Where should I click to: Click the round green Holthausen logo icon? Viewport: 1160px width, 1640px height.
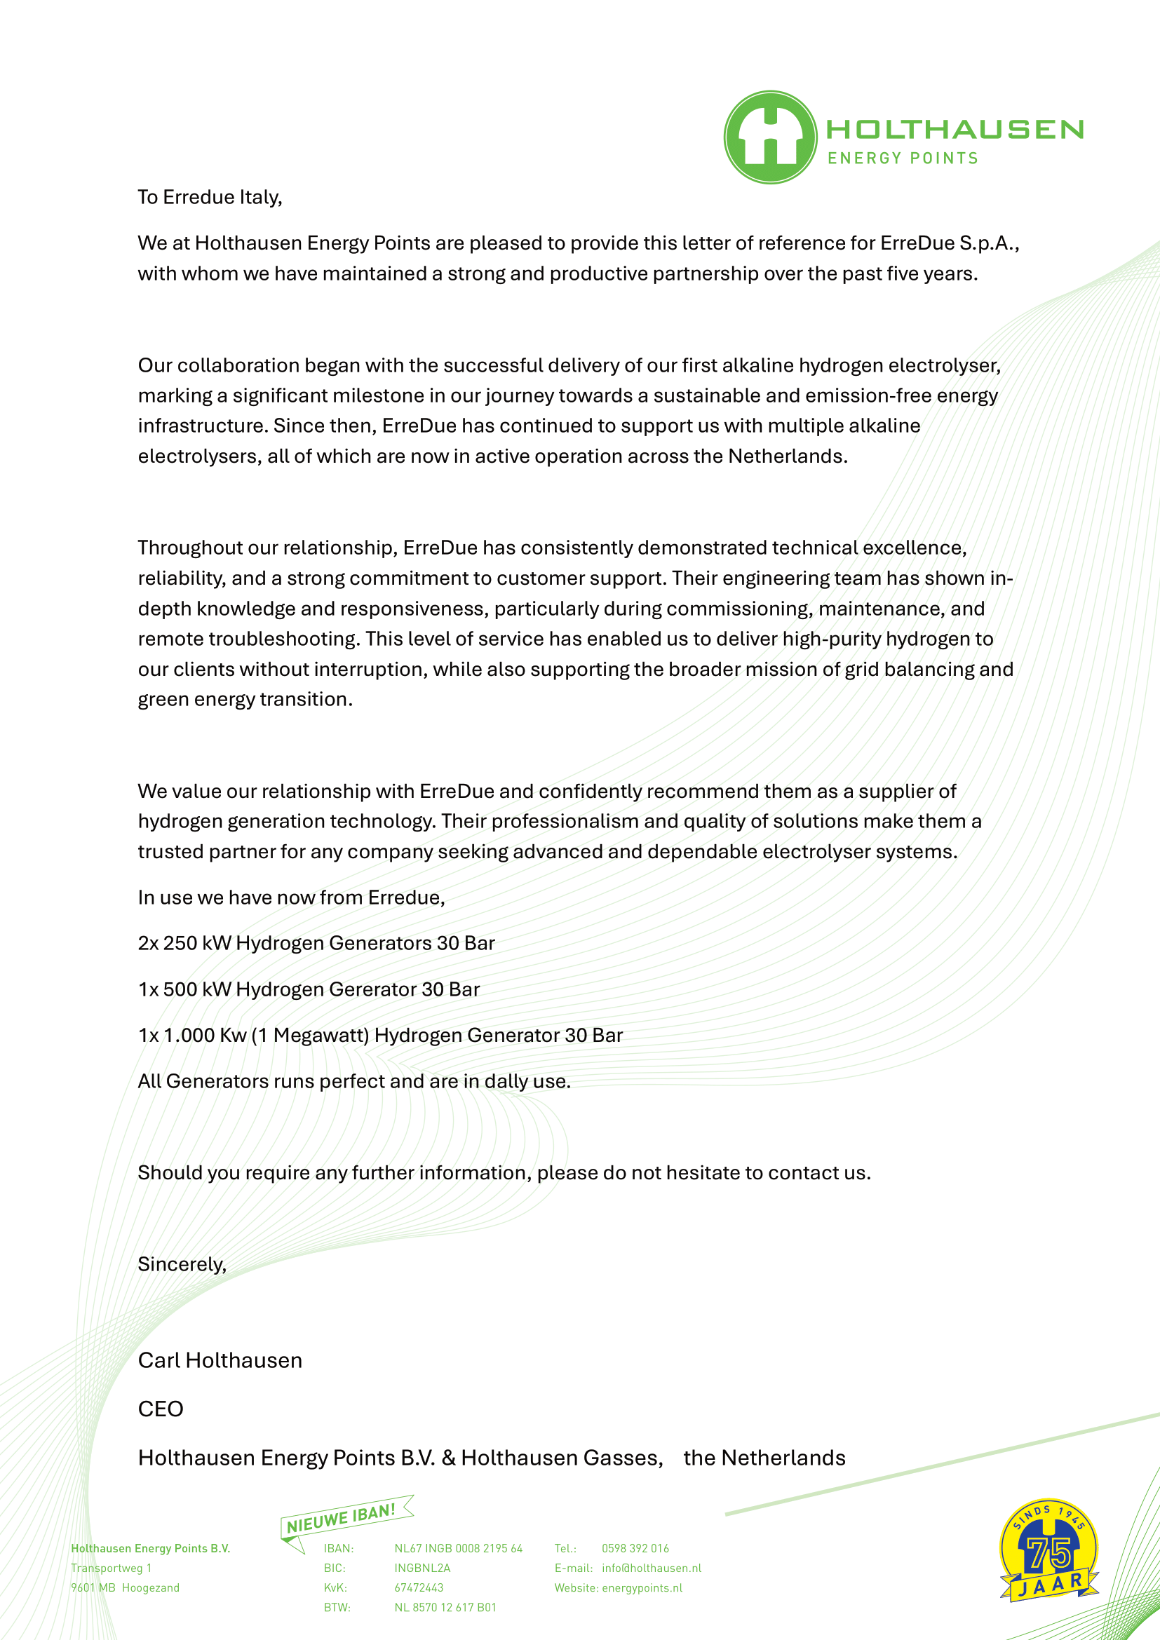(770, 137)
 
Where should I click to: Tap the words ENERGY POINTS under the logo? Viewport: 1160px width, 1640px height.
(903, 158)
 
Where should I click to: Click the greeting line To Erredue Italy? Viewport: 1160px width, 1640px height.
(210, 197)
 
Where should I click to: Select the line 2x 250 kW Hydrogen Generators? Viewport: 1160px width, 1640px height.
(316, 943)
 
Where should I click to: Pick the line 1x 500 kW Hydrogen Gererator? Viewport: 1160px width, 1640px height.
(309, 989)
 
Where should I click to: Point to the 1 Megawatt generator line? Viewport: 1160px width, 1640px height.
(380, 1035)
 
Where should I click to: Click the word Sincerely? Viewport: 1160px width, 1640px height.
(182, 1264)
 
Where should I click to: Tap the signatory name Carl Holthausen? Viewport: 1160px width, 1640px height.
(220, 1360)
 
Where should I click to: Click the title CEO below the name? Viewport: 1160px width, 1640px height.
(161, 1409)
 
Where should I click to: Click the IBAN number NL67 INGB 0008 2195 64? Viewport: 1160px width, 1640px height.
(458, 1549)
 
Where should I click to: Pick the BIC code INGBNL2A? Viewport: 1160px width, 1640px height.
(422, 1568)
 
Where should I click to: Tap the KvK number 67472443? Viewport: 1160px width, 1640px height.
(419, 1588)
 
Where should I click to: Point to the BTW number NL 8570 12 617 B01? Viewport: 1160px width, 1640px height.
(445, 1607)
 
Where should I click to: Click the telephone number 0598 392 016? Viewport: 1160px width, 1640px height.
(635, 1549)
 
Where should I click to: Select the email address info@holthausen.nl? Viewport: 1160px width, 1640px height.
(652, 1568)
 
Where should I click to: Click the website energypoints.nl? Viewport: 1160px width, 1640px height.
(642, 1588)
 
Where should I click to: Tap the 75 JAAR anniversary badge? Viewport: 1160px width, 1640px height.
(1048, 1550)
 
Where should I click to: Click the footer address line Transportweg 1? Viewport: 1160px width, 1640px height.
(112, 1568)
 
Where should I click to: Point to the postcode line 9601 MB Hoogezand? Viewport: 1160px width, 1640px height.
(125, 1588)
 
